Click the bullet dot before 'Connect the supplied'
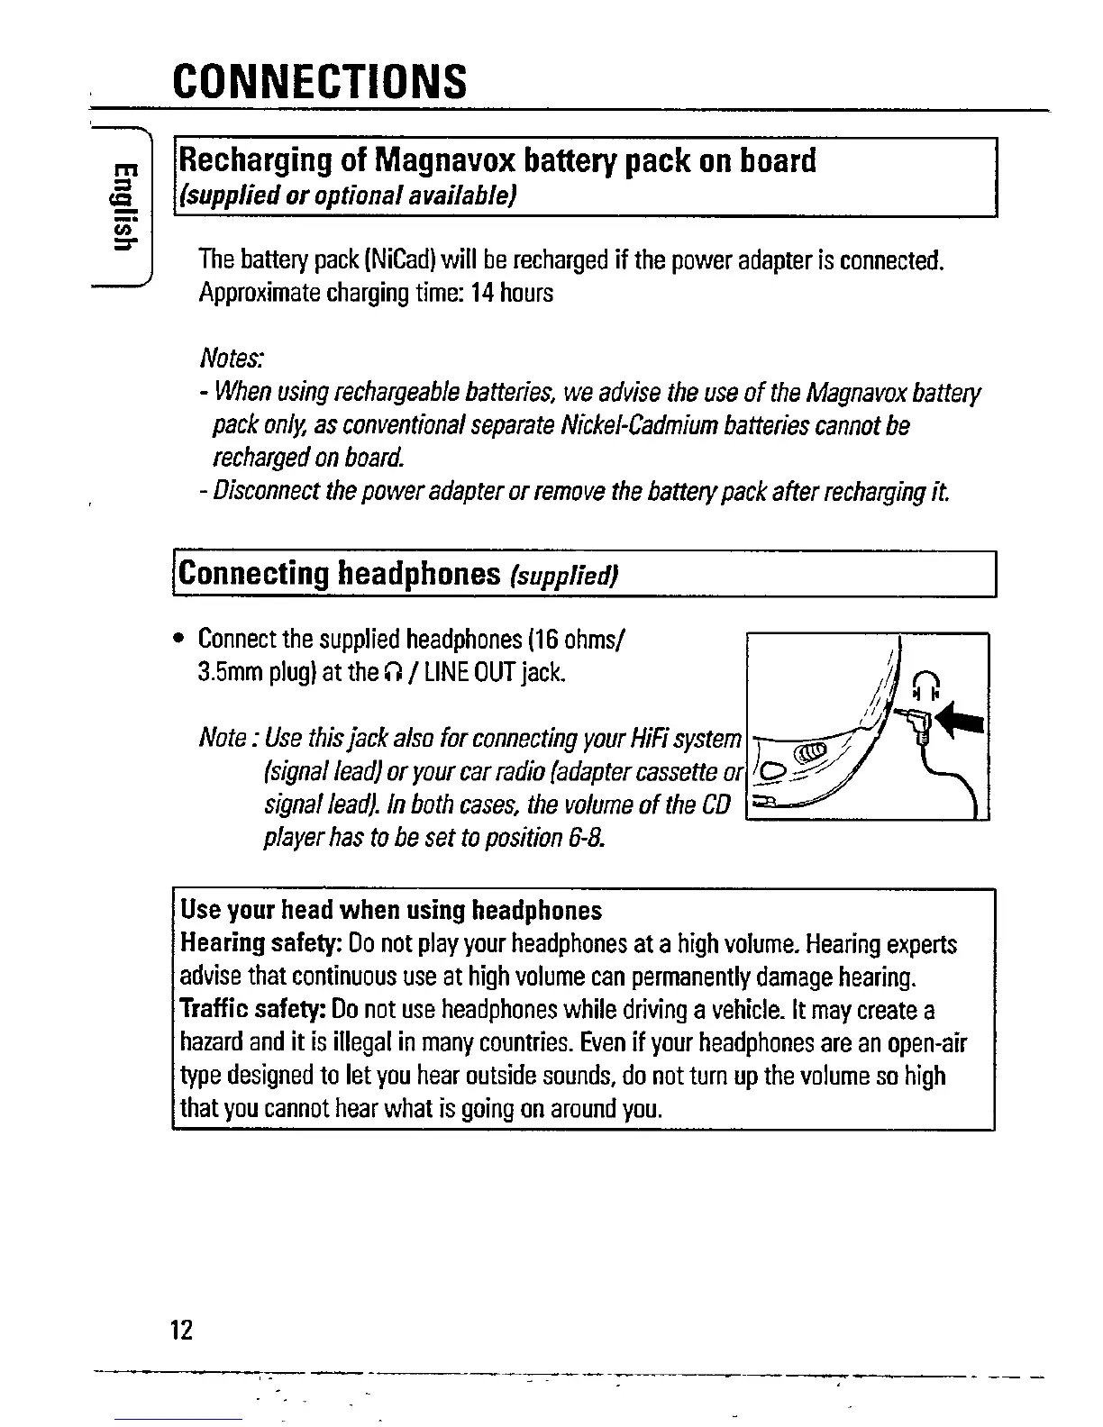coord(181,641)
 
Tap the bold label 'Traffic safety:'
coord(254,1011)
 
